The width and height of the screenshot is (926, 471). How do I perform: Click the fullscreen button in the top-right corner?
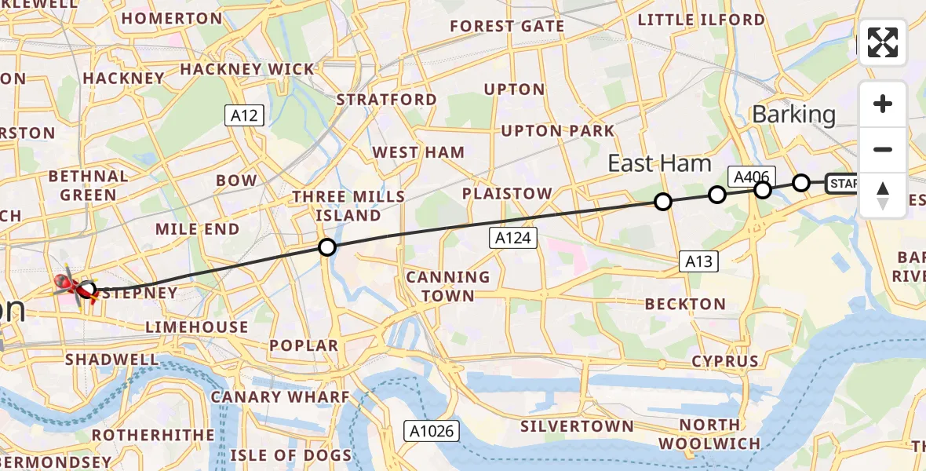click(x=883, y=42)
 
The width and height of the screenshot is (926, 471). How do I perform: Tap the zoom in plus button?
click(x=883, y=104)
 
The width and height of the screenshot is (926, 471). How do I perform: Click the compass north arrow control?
click(x=883, y=195)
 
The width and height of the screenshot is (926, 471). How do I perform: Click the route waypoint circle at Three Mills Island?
click(x=327, y=248)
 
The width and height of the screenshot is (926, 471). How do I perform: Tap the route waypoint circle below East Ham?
click(x=663, y=202)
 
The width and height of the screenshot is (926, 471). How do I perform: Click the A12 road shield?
click(x=244, y=115)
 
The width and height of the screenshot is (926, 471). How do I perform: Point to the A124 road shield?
click(x=515, y=239)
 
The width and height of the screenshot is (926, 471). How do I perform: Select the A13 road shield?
click(x=698, y=261)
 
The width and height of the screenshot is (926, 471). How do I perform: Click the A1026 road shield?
click(x=431, y=431)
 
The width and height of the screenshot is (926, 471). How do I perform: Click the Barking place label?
click(x=793, y=115)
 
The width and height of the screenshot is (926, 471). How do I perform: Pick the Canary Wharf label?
click(x=280, y=397)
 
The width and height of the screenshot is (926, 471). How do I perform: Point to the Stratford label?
click(x=386, y=100)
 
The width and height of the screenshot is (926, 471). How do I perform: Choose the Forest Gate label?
click(x=506, y=27)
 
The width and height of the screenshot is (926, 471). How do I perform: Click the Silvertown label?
click(x=577, y=426)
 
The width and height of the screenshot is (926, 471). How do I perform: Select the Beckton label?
click(x=685, y=304)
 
